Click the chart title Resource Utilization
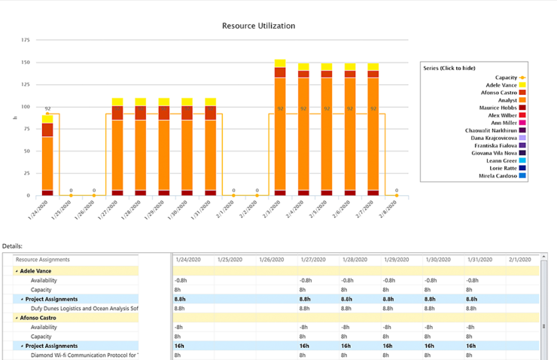point(258,26)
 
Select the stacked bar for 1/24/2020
point(47,158)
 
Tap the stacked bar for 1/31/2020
point(210,151)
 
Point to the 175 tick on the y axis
point(26,39)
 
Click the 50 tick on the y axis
point(27,151)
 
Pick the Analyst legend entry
point(505,100)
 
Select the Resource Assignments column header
point(43,259)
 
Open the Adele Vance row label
point(36,270)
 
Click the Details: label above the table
point(12,246)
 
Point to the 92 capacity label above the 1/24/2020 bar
point(47,108)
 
